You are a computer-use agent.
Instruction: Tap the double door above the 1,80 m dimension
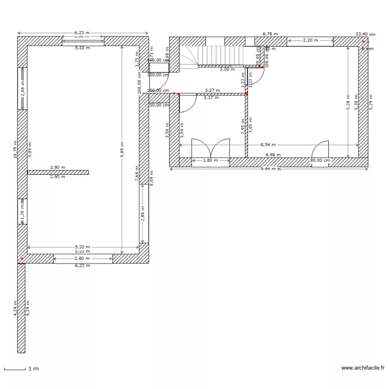(x=211, y=148)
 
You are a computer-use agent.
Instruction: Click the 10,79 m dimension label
(x=16, y=149)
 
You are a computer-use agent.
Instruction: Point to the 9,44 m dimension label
(x=268, y=169)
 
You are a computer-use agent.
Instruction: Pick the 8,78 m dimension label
(x=270, y=34)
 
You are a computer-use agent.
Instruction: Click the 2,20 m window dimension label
(x=310, y=40)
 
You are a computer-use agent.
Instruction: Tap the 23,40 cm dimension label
(x=365, y=34)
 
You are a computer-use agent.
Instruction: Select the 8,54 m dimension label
(x=268, y=145)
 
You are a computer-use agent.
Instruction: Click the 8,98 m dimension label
(x=273, y=155)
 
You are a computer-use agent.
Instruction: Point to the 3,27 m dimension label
(x=212, y=90)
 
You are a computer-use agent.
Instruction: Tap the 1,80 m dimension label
(x=210, y=160)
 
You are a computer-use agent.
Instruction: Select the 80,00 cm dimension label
(x=319, y=160)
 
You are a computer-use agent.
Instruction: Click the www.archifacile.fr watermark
(x=363, y=368)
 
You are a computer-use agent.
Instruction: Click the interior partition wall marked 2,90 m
(x=58, y=172)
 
